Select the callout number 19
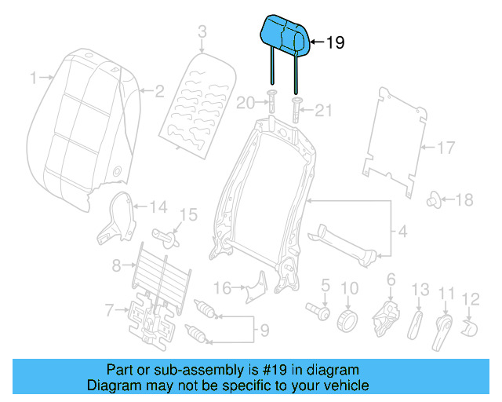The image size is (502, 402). click(x=334, y=44)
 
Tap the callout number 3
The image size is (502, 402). click(x=201, y=32)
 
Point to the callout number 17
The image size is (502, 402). click(x=445, y=148)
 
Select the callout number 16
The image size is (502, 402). click(x=223, y=288)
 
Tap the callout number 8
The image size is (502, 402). click(x=116, y=265)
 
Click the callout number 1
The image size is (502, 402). click(x=33, y=78)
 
